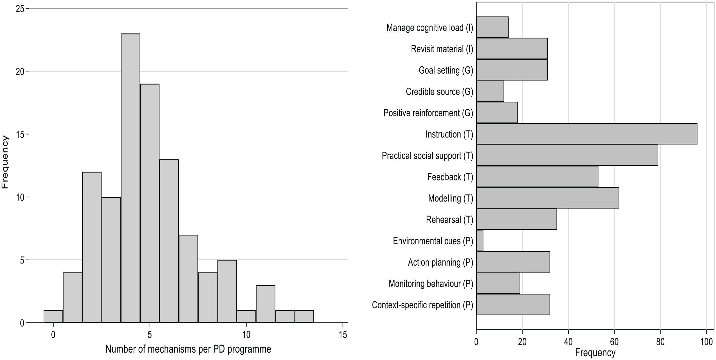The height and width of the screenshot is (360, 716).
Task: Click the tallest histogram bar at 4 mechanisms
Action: [x=130, y=178]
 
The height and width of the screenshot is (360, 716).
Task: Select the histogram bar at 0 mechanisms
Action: [x=53, y=316]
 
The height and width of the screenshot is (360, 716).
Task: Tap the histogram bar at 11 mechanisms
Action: [x=265, y=304]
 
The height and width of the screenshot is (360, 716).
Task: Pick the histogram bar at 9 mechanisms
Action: [x=227, y=291]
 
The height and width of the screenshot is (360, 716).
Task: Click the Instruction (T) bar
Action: [x=587, y=134]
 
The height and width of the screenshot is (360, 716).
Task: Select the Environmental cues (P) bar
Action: [x=480, y=240]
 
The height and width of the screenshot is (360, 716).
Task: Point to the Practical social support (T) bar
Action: [x=567, y=155]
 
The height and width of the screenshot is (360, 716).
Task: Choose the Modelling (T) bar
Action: [x=548, y=198]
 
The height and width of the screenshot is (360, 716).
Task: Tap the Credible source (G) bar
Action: [x=490, y=91]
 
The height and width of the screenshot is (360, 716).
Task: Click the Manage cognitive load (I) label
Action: [x=430, y=28]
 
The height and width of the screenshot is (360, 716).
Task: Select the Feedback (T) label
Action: [x=450, y=177]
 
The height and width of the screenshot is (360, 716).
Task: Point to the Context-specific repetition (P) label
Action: [x=422, y=305]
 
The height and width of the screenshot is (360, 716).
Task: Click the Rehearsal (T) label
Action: [x=449, y=220]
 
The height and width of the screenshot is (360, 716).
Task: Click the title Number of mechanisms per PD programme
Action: [x=188, y=349]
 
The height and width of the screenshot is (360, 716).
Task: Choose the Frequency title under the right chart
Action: [x=595, y=353]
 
